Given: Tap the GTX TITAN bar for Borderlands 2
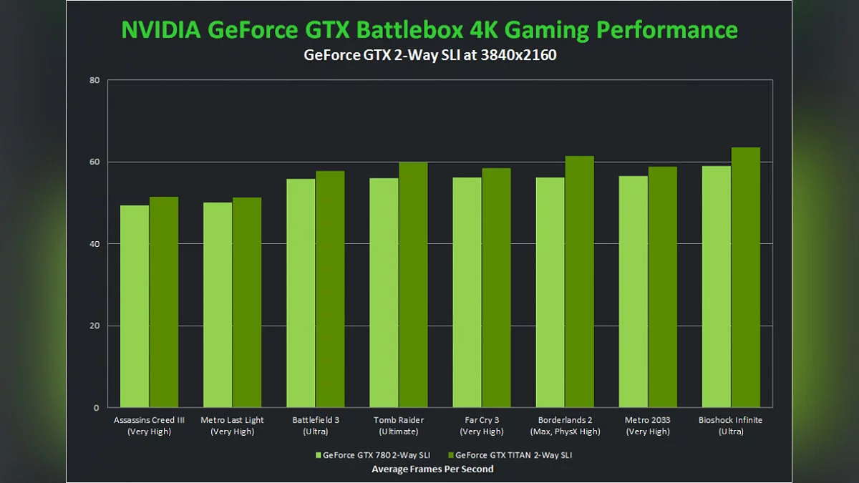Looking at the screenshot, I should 579,282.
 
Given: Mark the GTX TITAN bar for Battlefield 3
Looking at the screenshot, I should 330,289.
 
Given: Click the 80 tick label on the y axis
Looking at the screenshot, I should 94,80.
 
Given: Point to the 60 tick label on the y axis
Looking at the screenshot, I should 94,162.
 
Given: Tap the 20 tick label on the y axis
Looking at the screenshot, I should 94,326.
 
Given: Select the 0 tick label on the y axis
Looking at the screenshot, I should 97,408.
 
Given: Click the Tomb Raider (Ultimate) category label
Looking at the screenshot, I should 398,426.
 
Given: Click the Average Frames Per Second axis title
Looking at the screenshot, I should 432,469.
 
